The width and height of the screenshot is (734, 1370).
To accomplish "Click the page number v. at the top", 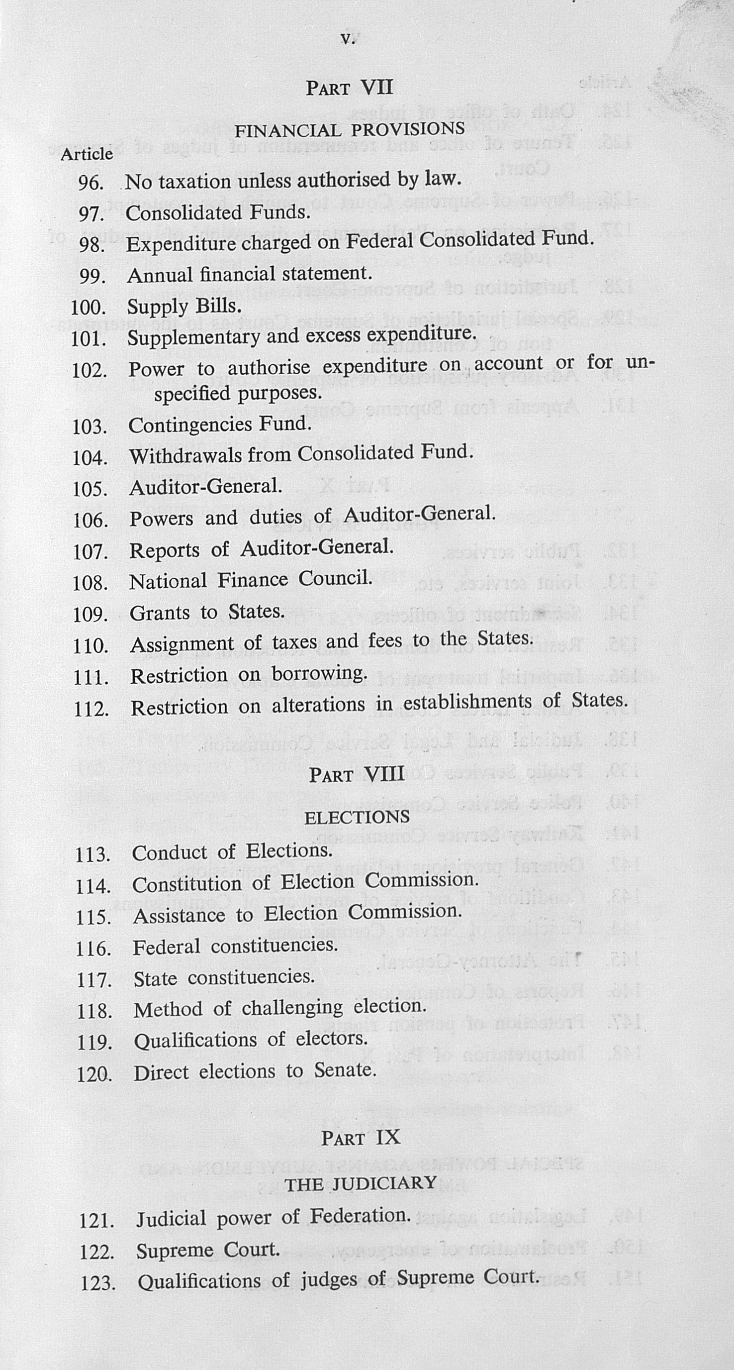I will click(348, 39).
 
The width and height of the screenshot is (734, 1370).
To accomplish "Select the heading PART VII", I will click(349, 87).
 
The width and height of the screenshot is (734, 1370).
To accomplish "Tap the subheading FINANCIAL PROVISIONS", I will click(350, 129).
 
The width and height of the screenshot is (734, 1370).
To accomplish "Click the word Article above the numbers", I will click(87, 154).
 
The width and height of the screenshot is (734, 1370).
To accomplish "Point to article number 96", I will click(91, 183).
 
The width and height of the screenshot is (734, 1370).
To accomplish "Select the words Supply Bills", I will click(184, 307).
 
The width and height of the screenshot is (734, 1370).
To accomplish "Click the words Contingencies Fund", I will click(219, 424).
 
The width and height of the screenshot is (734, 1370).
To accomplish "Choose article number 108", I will click(91, 583).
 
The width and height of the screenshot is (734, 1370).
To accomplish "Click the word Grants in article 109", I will click(160, 613).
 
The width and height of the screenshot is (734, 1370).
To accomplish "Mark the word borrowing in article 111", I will click(319, 673).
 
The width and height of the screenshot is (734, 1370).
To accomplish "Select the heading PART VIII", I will click(357, 774).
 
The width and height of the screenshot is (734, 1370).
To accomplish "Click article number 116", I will click(93, 948).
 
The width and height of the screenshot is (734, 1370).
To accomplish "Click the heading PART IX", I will click(361, 1138).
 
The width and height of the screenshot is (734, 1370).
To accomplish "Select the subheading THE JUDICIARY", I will click(361, 1183).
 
